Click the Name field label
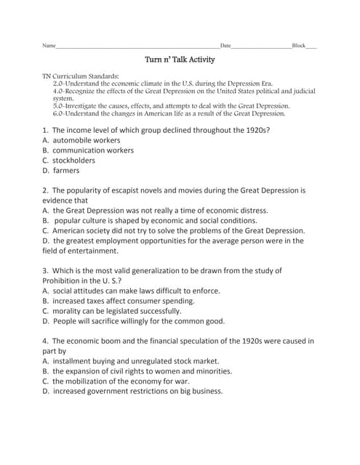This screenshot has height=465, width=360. [49, 46]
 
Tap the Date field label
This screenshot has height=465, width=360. [225, 46]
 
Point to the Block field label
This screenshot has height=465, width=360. [298, 46]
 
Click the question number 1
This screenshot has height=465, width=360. [46, 129]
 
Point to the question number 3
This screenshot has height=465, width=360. [46, 270]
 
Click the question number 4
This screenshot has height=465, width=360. [46, 340]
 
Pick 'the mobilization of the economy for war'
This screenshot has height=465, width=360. [121, 380]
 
